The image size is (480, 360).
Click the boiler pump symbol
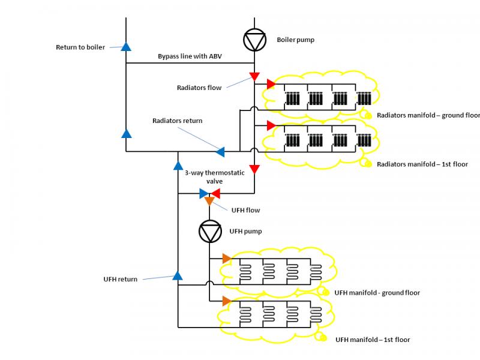click(x=254, y=40)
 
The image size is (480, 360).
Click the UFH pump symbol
click(x=210, y=231)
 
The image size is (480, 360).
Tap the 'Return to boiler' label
click(x=80, y=47)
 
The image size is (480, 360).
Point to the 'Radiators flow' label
click(x=199, y=88)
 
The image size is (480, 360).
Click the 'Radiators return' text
click(x=177, y=121)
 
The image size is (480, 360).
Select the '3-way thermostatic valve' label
click(x=207, y=176)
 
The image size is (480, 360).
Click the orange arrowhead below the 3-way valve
click(x=209, y=201)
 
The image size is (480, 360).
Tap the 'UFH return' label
click(x=121, y=279)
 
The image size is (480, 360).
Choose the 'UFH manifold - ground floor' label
click(x=377, y=293)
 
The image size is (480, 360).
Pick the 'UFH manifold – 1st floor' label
click(x=373, y=340)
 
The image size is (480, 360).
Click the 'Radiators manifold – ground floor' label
click(x=428, y=115)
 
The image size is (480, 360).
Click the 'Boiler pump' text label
click(x=295, y=40)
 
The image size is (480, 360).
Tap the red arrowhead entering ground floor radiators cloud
click(x=271, y=83)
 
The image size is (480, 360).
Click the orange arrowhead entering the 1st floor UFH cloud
click(x=226, y=300)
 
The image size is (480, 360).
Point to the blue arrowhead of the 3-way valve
click(x=203, y=193)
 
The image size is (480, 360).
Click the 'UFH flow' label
click(x=245, y=209)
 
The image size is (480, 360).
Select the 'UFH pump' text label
click(x=246, y=231)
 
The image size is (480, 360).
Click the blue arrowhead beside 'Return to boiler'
click(x=126, y=46)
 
